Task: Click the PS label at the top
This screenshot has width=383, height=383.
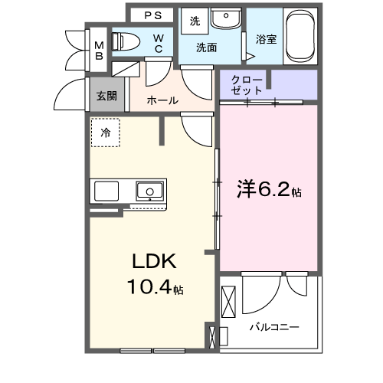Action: point(153,15)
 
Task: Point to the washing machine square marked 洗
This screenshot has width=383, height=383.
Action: point(195,21)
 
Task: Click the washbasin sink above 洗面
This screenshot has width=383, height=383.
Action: point(224,21)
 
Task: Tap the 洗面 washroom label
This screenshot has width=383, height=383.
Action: point(206,47)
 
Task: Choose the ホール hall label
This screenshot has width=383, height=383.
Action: point(162,100)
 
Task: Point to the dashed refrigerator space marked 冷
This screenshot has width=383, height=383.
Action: point(106,133)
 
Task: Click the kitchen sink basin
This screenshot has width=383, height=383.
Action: point(149,189)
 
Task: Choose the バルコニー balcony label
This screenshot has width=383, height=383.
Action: point(273,327)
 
